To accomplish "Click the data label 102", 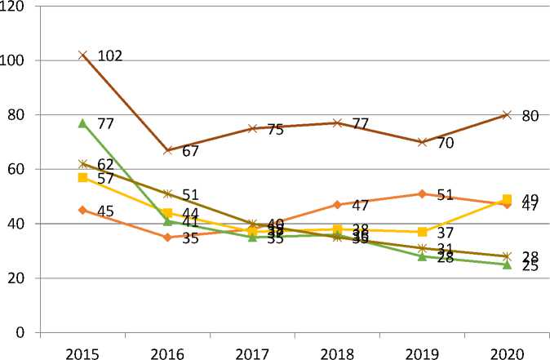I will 110,56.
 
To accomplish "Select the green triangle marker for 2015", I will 82,123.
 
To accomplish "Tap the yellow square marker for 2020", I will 507,199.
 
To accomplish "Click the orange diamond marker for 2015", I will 82,210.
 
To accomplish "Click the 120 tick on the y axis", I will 15,6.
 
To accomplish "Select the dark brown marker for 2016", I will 167,150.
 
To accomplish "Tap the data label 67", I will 191,151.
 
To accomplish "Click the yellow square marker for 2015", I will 82,177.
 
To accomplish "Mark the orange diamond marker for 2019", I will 422,193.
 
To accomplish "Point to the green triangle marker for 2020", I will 507,264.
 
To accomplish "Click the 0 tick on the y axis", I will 22,333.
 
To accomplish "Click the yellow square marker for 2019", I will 422,232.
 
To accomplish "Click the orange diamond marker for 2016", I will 167,237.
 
